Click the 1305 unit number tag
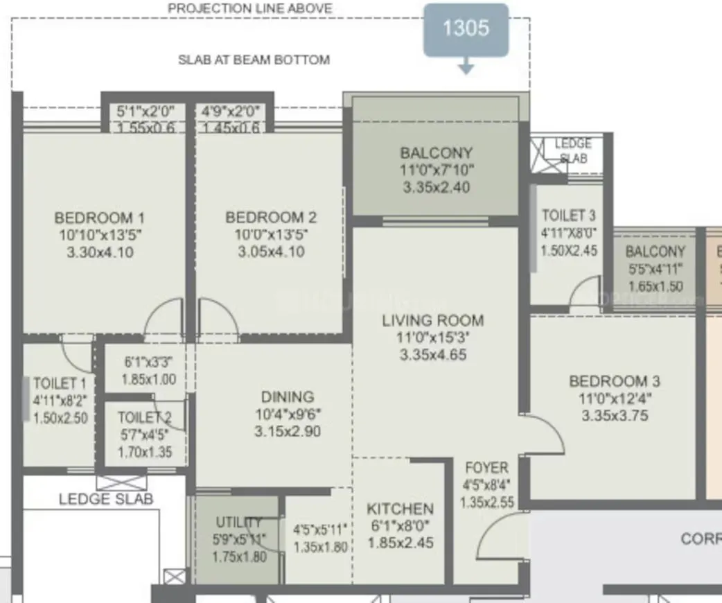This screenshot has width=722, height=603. point(466,28)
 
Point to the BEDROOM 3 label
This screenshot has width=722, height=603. point(614,381)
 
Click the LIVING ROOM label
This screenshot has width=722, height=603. point(433,320)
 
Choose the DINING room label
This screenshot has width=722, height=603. point(288,397)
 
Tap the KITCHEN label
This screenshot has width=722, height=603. point(400,509)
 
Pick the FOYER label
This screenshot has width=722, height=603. point(486,468)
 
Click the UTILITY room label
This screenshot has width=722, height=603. point(239,522)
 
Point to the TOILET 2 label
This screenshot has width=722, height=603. point(144,417)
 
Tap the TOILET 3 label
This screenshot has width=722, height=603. point(568,216)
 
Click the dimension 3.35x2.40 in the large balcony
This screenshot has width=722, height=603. point(437,187)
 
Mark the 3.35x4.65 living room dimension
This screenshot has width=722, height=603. point(433,355)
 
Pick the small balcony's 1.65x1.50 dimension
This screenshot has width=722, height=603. point(655,286)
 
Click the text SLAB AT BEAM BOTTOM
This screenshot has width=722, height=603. point(254,60)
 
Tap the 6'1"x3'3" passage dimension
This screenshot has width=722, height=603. point(148,362)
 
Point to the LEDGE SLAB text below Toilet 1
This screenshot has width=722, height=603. point(106,498)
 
